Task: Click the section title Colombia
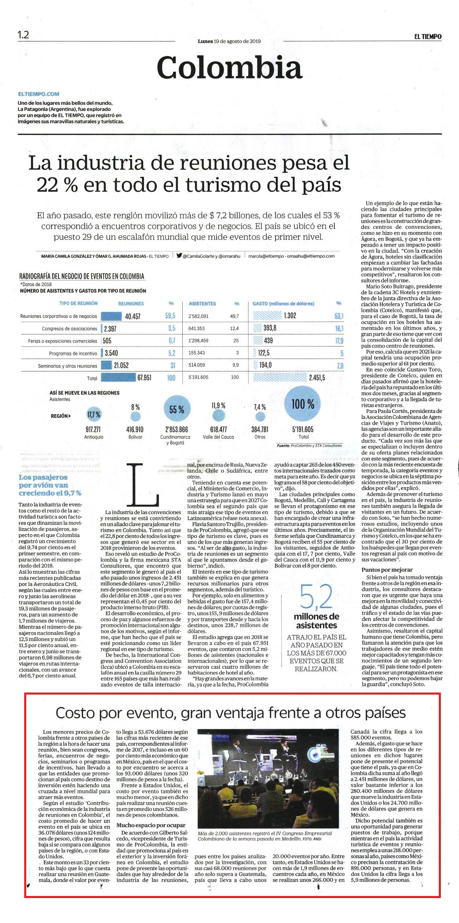229,68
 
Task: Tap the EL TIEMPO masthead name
427,36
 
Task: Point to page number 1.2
23,35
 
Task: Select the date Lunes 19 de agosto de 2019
229,41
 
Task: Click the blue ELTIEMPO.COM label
38,94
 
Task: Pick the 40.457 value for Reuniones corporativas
133,316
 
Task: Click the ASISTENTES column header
202,303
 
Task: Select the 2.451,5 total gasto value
317,378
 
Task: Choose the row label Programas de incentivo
73,353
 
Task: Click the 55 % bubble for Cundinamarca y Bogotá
177,409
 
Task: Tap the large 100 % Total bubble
303,404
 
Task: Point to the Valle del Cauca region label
219,437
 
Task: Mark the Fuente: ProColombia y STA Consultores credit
309,446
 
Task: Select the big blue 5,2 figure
316,597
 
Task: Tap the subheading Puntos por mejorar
387,570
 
